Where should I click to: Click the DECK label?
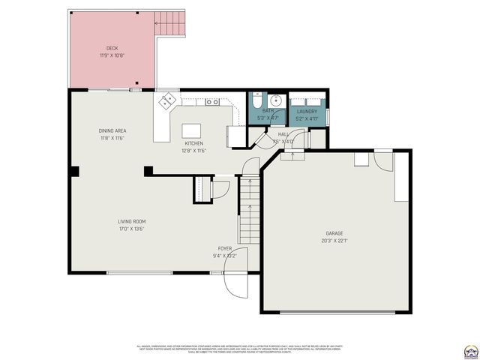(112, 48)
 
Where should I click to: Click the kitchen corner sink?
(167, 100)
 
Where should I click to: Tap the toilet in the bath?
(256, 101)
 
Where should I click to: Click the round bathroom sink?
(276, 100)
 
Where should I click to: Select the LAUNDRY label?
(307, 111)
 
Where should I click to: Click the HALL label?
(283, 133)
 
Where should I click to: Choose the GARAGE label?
(334, 233)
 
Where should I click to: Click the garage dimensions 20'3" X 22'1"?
(334, 241)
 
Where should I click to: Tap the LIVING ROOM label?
(131, 221)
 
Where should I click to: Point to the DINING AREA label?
(112, 130)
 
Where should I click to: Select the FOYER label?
(225, 248)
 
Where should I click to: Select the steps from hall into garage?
(292, 155)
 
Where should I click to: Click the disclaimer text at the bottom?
(240, 349)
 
